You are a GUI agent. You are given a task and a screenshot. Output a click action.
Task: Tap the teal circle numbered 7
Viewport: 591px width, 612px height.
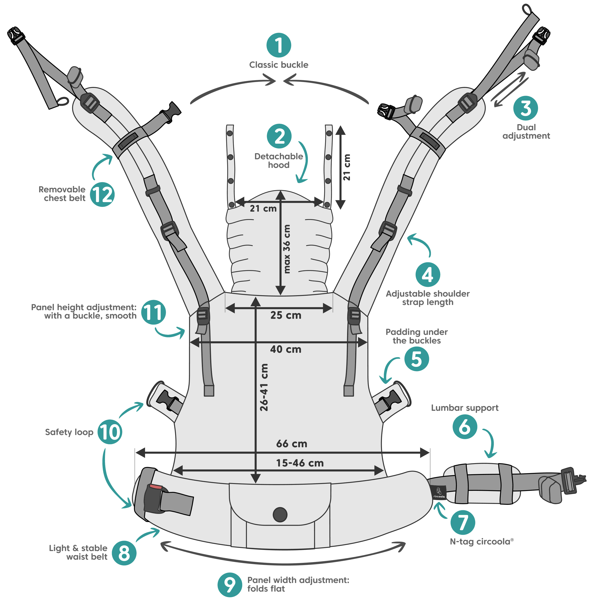click(x=462, y=522)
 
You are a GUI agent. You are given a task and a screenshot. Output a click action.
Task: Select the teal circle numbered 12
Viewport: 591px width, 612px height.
click(x=102, y=194)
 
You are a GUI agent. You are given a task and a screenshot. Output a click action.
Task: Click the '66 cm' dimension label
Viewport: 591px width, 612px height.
click(x=292, y=444)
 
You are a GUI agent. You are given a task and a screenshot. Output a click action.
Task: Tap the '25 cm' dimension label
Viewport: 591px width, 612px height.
click(x=286, y=315)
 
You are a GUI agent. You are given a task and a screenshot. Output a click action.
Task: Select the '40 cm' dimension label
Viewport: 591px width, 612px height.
click(x=286, y=349)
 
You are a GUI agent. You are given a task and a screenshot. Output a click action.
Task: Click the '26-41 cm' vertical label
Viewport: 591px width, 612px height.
click(x=264, y=387)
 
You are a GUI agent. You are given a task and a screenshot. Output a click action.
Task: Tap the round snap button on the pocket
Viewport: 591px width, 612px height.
click(x=280, y=514)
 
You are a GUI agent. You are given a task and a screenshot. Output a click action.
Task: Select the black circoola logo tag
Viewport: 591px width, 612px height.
click(x=438, y=492)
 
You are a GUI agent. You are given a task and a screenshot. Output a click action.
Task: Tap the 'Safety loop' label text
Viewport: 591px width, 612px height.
click(x=69, y=432)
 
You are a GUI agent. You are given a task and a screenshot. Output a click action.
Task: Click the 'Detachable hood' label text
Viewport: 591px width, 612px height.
click(x=279, y=160)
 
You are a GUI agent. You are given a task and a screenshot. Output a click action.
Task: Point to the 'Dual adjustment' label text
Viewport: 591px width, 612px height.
click(x=526, y=131)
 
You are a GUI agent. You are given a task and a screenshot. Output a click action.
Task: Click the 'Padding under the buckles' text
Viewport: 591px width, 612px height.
click(x=416, y=336)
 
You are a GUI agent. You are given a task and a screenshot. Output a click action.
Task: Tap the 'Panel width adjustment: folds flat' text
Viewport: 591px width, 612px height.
click(x=298, y=584)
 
